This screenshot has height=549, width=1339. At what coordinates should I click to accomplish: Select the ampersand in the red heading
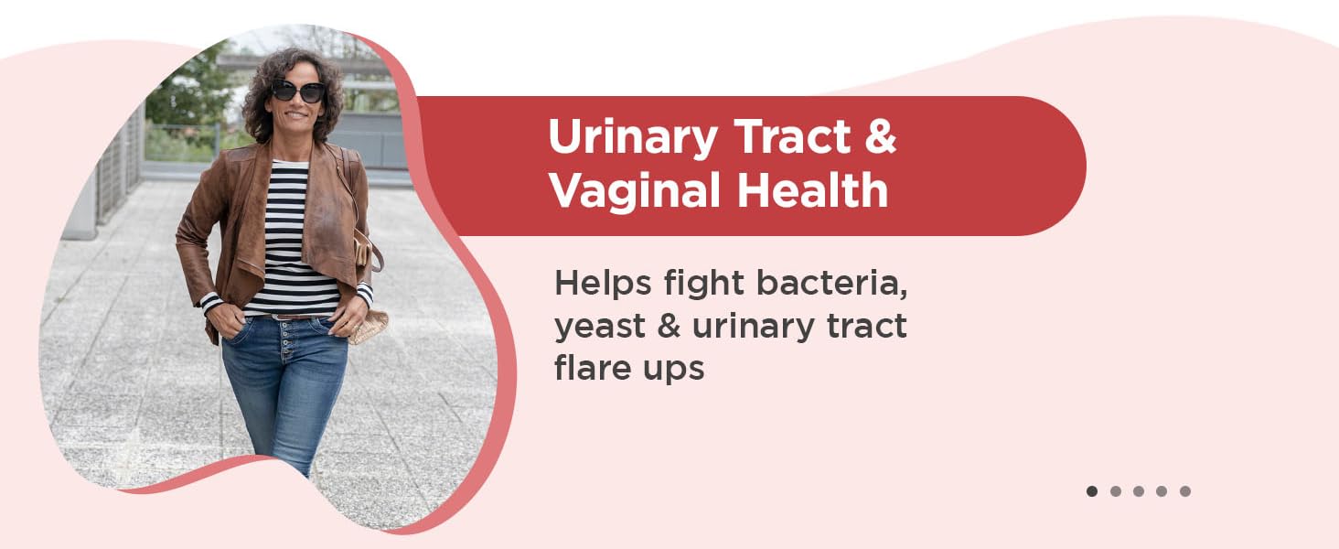pos(879,137)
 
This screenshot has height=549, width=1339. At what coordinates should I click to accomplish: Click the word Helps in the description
pos(597,284)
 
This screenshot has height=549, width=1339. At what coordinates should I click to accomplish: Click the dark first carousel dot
pos(1092,491)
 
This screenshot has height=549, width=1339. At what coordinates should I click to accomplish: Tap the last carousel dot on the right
pos(1185,491)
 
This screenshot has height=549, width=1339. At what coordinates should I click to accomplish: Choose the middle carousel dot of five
pos(1139,491)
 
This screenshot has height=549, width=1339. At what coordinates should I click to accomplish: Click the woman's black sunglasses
pos(297,91)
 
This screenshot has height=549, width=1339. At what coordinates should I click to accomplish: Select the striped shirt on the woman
pos(291,238)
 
